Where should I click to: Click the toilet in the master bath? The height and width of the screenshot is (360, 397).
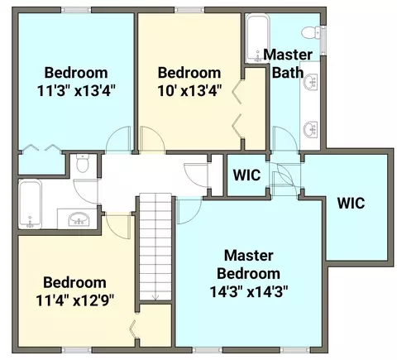(x=311, y=33)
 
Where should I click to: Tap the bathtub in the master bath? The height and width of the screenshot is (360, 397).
(x=258, y=39)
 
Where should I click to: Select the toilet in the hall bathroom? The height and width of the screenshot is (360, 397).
(x=83, y=163)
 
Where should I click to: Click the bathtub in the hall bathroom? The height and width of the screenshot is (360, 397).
(x=30, y=204)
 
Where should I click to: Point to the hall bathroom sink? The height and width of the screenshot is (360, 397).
(x=79, y=219)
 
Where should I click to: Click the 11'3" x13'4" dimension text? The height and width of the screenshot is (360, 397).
(x=76, y=90)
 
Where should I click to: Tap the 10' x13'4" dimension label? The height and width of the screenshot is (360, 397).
(x=189, y=90)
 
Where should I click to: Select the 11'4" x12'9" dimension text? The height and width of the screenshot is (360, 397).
(x=74, y=300)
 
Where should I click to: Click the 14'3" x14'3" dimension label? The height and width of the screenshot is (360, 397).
(x=249, y=291)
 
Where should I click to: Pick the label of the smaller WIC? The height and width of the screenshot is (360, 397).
(x=246, y=175)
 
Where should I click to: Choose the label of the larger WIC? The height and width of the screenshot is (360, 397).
(x=351, y=204)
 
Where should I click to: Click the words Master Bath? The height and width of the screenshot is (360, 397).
(x=288, y=64)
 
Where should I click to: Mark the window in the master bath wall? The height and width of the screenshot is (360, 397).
(x=323, y=41)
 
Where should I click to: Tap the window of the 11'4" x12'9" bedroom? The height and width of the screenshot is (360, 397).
(x=76, y=350)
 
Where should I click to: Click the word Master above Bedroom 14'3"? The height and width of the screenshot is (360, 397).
(x=249, y=256)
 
